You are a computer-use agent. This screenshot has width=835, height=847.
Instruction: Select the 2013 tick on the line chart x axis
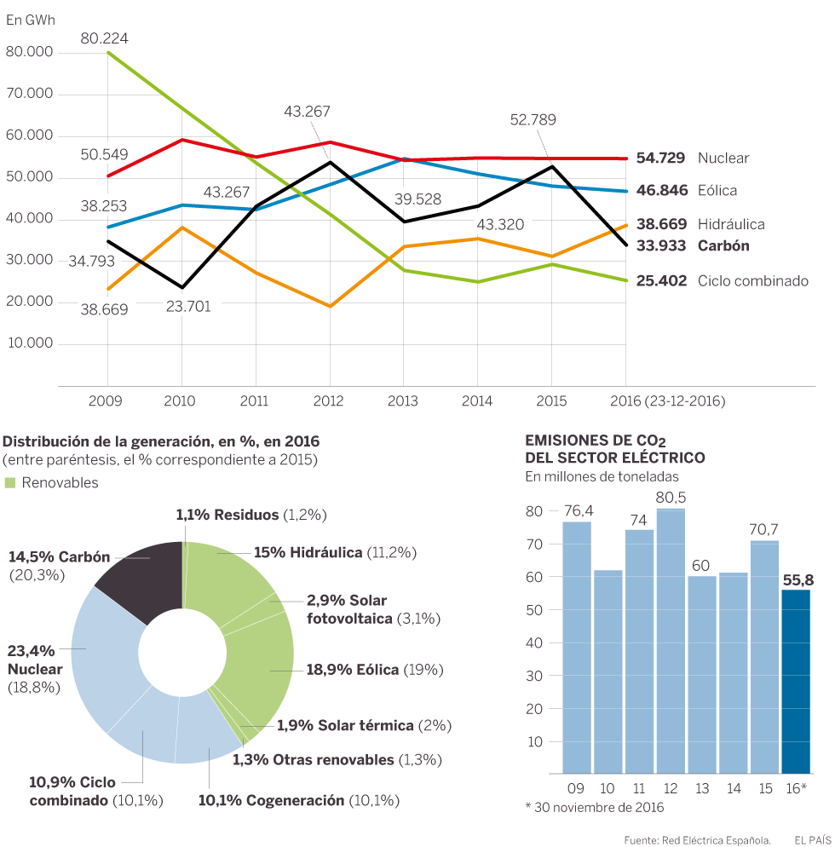[402, 400]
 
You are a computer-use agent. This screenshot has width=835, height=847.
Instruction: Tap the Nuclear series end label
[723, 158]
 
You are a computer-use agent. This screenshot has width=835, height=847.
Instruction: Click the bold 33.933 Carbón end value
[661, 245]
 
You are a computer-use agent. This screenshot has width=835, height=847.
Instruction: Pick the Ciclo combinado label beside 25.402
[752, 280]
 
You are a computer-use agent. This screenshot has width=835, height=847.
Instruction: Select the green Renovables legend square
[10, 483]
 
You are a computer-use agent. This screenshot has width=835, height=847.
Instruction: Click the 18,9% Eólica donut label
[352, 670]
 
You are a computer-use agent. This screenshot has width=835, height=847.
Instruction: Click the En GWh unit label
[30, 20]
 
